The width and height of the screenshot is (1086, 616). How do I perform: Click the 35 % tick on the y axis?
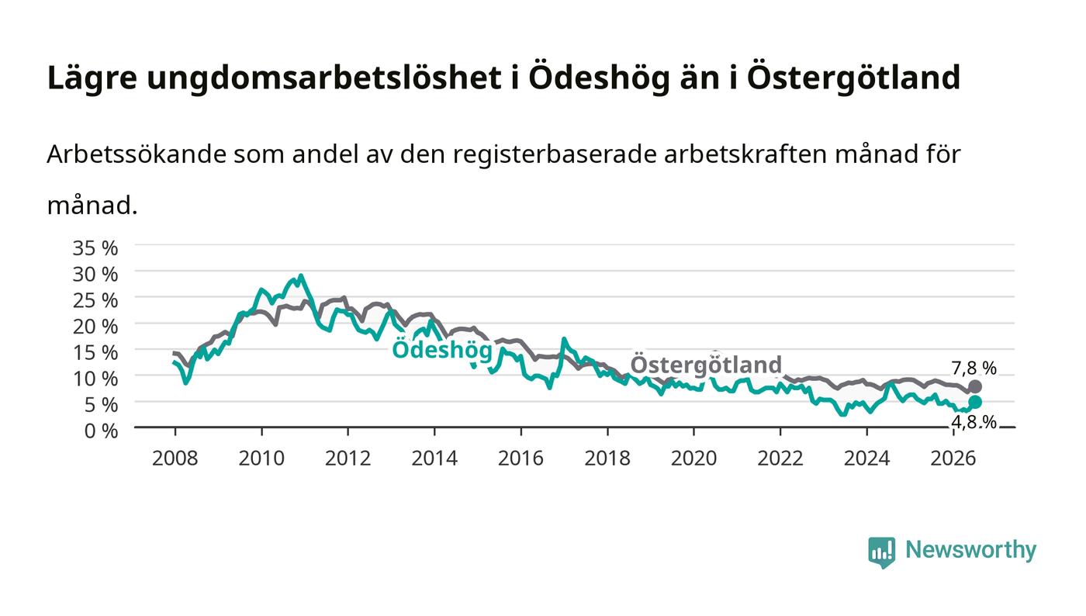tap(95, 247)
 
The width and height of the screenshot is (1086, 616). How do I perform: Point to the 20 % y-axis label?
tap(95, 327)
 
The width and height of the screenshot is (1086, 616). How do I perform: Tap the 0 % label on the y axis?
tap(101, 431)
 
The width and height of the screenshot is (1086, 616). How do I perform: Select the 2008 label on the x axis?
tap(175, 459)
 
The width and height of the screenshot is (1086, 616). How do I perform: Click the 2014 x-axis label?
tap(434, 459)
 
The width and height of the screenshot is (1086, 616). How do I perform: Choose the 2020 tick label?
tap(693, 459)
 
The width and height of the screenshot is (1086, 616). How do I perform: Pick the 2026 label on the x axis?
tap(953, 459)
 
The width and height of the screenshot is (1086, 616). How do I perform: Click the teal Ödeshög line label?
tap(442, 350)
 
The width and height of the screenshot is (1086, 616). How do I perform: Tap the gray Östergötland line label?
tap(706, 365)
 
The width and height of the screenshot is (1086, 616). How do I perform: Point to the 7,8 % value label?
tap(974, 369)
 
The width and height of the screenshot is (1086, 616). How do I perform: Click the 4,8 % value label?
tap(974, 423)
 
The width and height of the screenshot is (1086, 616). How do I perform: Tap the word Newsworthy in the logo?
tap(970, 550)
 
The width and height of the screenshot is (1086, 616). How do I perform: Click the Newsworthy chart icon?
tap(881, 552)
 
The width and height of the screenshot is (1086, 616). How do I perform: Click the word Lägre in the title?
tap(92, 78)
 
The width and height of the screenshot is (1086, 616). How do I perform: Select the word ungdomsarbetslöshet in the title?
tap(324, 78)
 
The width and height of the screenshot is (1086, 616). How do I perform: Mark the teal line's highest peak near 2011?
tap(301, 275)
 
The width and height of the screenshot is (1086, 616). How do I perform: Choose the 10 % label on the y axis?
tap(95, 379)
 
